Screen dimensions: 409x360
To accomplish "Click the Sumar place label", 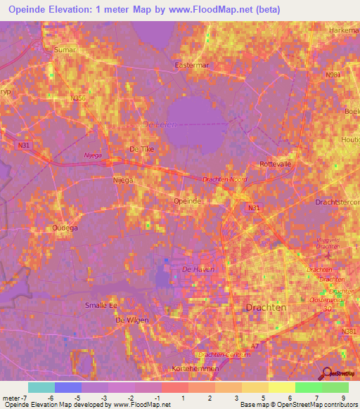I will (x=64, y=51).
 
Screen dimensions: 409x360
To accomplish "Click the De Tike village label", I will (x=141, y=149).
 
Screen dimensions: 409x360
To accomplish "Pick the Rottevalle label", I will (x=276, y=163).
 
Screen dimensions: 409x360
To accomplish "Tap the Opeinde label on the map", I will (x=188, y=201).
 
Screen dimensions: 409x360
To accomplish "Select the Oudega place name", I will (x=65, y=228).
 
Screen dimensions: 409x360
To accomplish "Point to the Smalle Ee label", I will (x=101, y=305).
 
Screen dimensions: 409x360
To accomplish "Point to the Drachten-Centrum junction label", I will (x=223, y=354).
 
